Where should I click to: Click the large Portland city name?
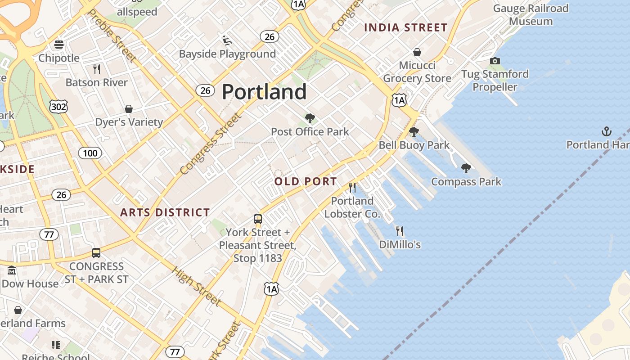[x=264, y=92]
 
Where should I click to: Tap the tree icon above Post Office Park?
[x=310, y=118]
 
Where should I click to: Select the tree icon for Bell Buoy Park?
[x=414, y=132]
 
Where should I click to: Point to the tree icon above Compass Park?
[x=466, y=168]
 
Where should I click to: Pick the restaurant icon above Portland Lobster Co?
[x=352, y=187]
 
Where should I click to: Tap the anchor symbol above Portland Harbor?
[x=607, y=131]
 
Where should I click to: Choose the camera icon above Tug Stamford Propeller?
[x=495, y=61]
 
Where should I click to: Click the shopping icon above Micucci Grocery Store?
[x=417, y=52]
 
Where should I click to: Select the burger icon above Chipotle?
[x=59, y=45]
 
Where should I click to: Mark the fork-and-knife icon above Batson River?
[x=96, y=69]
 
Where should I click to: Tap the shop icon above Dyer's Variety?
[x=129, y=109]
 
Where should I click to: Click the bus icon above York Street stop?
[x=257, y=219]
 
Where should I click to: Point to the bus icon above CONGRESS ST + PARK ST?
[x=96, y=253]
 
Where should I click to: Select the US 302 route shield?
[x=58, y=107]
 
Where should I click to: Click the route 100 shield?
[x=90, y=153]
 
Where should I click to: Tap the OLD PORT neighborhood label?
[x=306, y=182]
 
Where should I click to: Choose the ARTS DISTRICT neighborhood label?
[x=165, y=212]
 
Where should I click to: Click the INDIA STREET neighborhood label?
[x=405, y=27]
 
